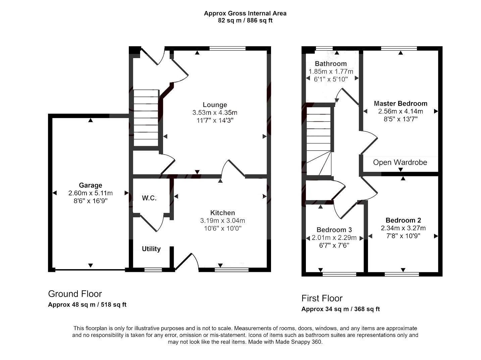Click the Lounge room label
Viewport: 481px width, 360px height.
tap(215, 105)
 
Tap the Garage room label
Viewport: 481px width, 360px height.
tap(90, 185)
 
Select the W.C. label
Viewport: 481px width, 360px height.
tap(149, 198)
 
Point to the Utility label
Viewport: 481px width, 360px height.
tap(151, 249)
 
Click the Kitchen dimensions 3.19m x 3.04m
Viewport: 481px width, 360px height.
tap(222, 221)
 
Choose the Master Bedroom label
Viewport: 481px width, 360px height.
tap(400, 104)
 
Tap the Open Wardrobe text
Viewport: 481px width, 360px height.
tap(400, 163)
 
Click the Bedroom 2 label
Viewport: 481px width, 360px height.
tap(403, 220)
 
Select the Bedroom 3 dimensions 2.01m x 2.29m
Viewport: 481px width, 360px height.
tap(334, 238)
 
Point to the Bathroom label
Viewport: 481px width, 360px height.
tap(331, 64)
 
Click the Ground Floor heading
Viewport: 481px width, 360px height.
tap(75, 294)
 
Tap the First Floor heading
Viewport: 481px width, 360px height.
tap(322, 298)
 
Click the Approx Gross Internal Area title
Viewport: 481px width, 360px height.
tap(245, 13)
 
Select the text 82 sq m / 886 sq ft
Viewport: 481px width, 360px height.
tap(245, 20)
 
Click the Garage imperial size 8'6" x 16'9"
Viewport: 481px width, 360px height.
tap(90, 201)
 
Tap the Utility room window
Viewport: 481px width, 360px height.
tap(153, 269)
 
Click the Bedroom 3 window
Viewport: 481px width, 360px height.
tap(339, 274)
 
